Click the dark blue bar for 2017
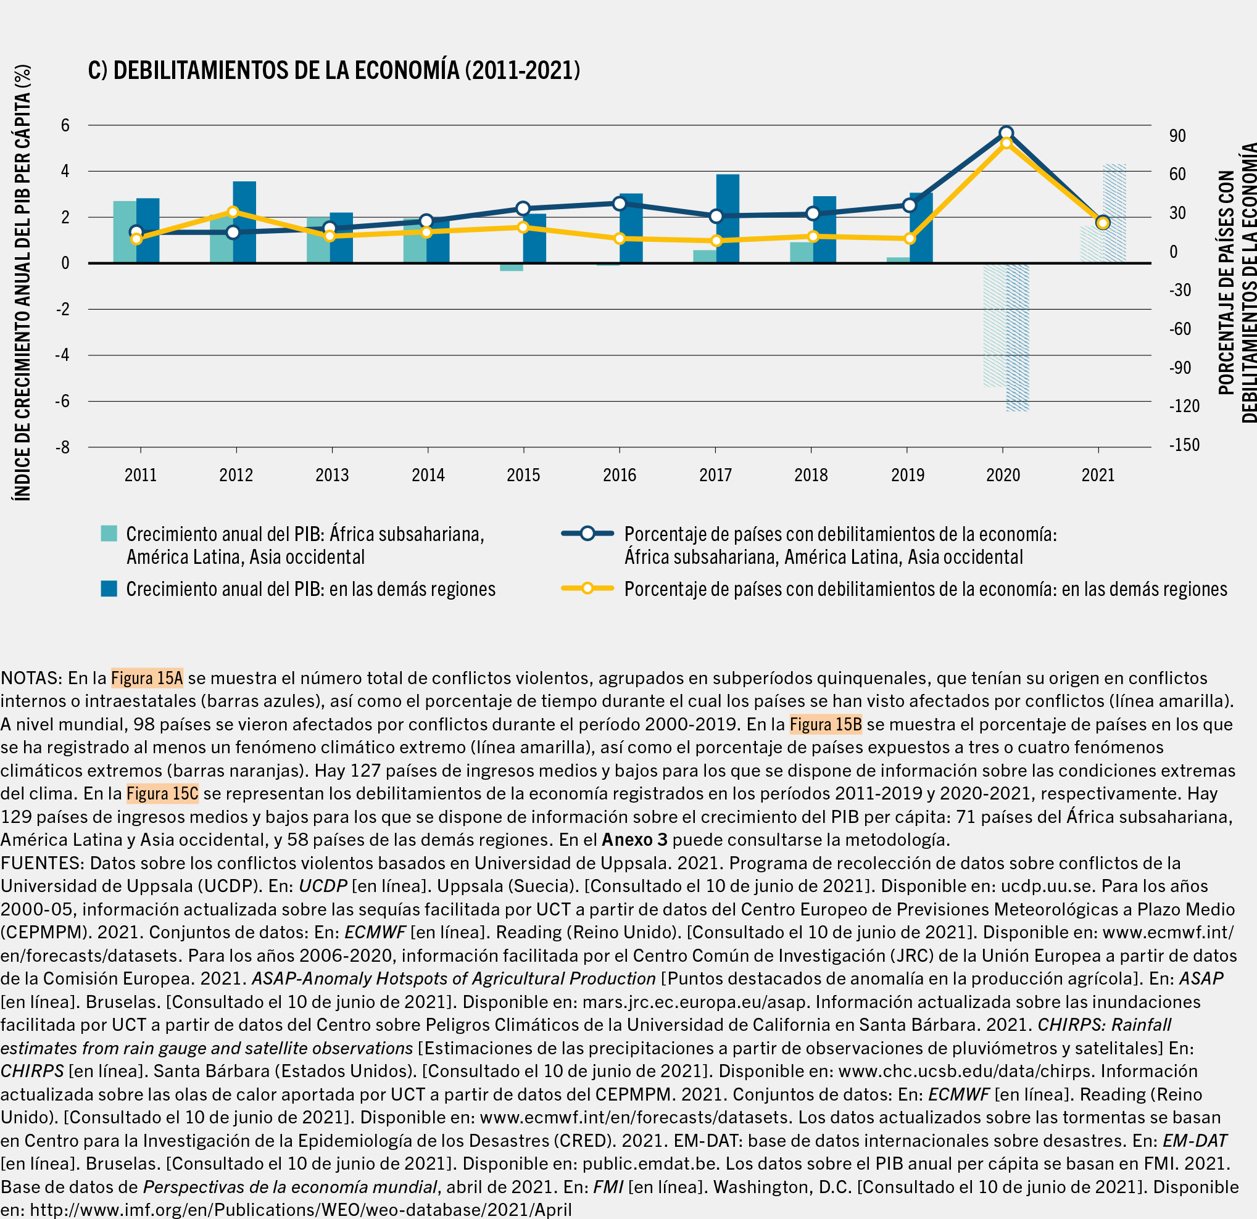(x=728, y=218)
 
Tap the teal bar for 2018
(x=801, y=252)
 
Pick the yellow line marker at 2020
(x=1006, y=143)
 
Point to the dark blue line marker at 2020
(x=1006, y=133)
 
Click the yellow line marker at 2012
(x=233, y=212)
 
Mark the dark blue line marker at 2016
(x=620, y=204)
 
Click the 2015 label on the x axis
(x=523, y=475)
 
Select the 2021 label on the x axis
(x=1098, y=475)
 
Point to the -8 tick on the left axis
(x=62, y=447)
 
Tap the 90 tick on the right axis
(x=1177, y=136)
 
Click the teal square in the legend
(x=109, y=534)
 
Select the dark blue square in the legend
(x=109, y=589)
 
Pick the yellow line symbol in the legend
(x=587, y=589)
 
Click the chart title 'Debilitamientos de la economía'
(x=333, y=70)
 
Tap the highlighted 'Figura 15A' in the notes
(x=147, y=678)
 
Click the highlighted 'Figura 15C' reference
(x=162, y=793)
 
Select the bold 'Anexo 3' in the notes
(x=634, y=840)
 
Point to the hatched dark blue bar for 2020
(x=1018, y=337)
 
